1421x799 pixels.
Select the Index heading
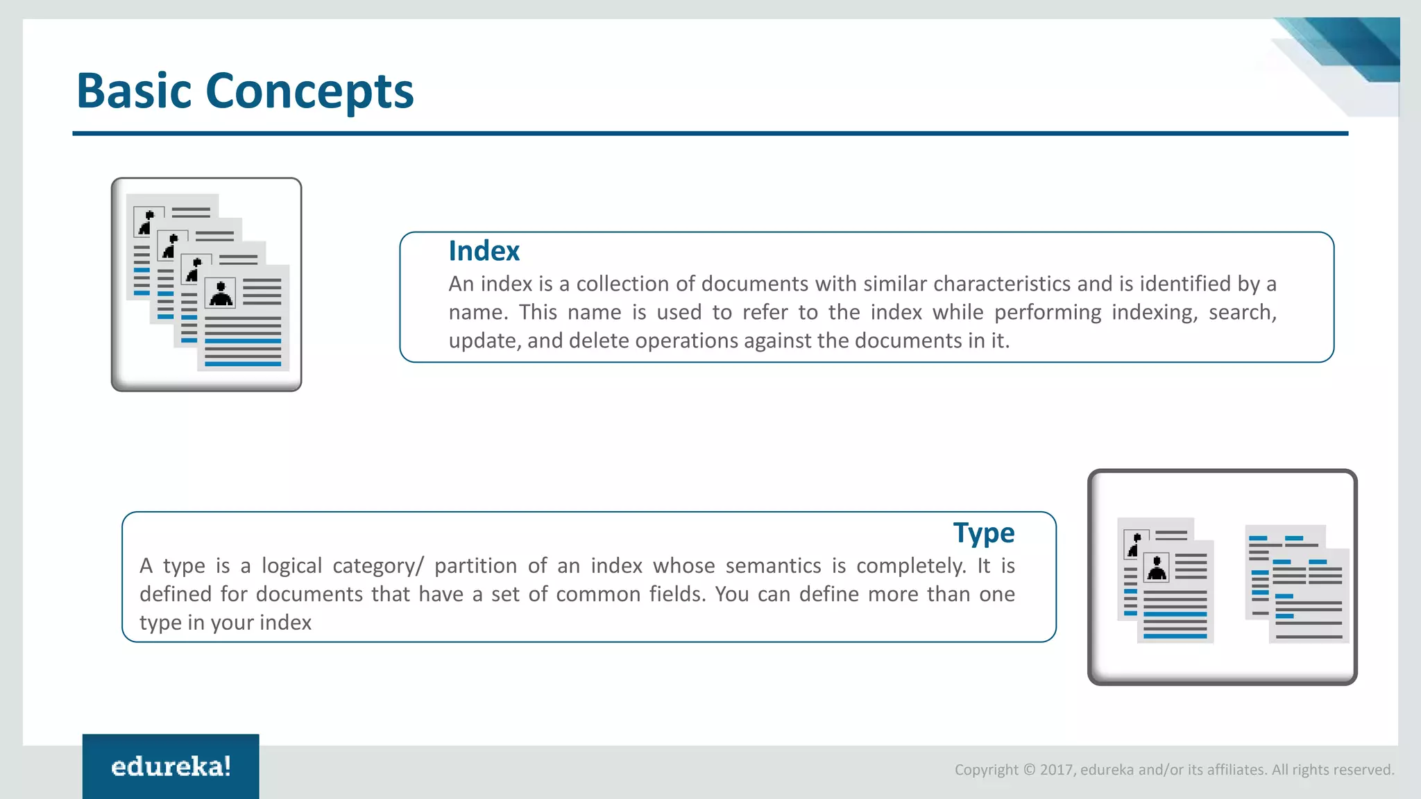(484, 251)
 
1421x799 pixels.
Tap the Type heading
(983, 533)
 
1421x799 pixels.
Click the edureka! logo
(171, 766)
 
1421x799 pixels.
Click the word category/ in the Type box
(378, 566)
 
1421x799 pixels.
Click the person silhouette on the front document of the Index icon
(221, 293)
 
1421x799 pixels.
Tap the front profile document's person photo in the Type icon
(1157, 568)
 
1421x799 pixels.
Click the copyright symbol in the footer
(1029, 770)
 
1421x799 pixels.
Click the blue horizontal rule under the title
(710, 133)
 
